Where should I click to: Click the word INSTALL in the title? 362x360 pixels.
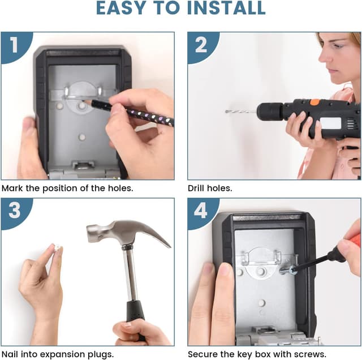pyautogui.click(x=226, y=8)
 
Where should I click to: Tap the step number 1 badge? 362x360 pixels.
pyautogui.click(x=15, y=45)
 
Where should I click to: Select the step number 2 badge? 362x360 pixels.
pyautogui.click(x=201, y=45)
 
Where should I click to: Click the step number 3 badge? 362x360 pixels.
pyautogui.click(x=15, y=211)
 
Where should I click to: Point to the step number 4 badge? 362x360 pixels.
pyautogui.click(x=201, y=211)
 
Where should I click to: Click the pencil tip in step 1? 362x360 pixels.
pyautogui.click(x=83, y=100)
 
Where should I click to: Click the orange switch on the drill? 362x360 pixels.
pyautogui.click(x=314, y=102)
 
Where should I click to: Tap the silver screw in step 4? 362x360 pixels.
pyautogui.click(x=288, y=270)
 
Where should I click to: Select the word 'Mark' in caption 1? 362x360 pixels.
pyautogui.click(x=12, y=188)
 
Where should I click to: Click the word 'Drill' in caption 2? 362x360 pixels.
pyautogui.click(x=196, y=188)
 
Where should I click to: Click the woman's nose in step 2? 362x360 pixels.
pyautogui.click(x=323, y=57)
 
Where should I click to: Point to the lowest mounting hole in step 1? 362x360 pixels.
pyautogui.click(x=82, y=137)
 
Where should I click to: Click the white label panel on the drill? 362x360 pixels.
pyautogui.click(x=330, y=123)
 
